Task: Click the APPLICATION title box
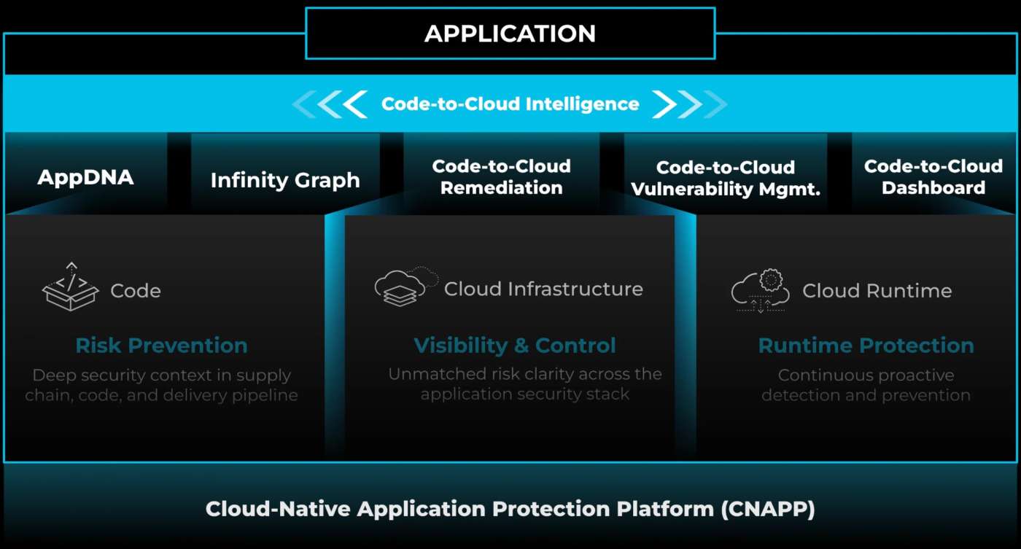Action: coord(510,34)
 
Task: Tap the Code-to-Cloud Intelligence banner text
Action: coord(510,104)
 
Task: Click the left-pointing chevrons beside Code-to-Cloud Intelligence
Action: coord(330,104)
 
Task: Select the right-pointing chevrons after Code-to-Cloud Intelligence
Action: coord(690,104)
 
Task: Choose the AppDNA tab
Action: coord(85,177)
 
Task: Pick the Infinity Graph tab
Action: coord(285,180)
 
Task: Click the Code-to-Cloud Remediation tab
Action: coord(501,177)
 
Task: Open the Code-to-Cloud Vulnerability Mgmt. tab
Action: coord(726,179)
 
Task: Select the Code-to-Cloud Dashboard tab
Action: coord(933,177)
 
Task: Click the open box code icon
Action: coord(70,287)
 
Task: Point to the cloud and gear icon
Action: coord(761,290)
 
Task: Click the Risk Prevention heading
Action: coord(161,346)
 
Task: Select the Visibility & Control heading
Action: coord(515,346)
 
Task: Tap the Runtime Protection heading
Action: coord(866,346)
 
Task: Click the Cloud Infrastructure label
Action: coord(543,289)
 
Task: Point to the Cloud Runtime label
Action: coord(877,291)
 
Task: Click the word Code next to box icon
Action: coord(136,291)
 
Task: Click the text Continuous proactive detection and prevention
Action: coord(866,386)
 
